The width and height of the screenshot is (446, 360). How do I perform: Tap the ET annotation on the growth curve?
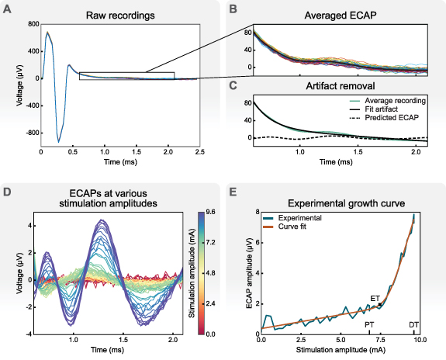coord(375,298)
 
